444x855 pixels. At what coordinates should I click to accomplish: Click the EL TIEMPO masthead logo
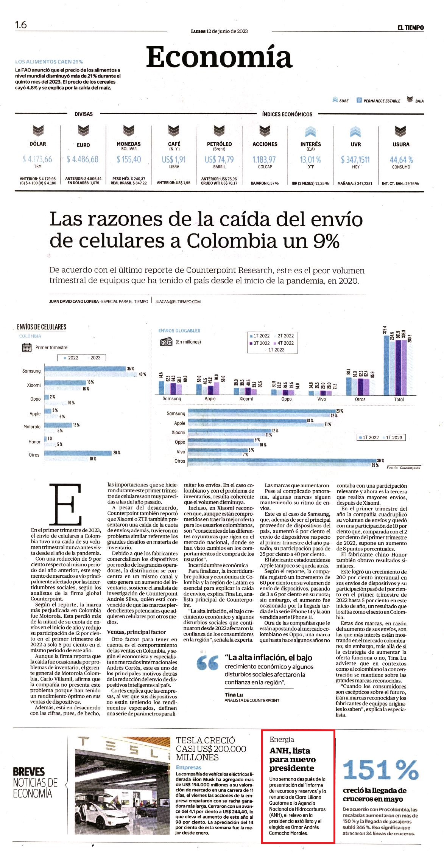410,28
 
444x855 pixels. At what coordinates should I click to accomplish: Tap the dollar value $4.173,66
37,159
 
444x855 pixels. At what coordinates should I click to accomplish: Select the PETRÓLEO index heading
219,144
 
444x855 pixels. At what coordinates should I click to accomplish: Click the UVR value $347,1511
355,160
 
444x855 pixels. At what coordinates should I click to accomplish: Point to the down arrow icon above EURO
83,131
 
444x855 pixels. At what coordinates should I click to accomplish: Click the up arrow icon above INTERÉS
310,131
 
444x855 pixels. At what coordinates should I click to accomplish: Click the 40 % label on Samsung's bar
142,374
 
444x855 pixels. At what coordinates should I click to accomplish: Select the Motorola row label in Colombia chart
32,427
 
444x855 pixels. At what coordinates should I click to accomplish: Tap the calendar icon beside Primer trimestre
27,348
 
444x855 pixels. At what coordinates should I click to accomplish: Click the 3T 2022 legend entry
259,343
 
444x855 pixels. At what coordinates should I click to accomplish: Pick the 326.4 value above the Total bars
385,330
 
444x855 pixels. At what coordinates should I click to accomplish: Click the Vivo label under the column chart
321,399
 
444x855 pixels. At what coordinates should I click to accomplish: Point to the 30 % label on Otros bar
380,461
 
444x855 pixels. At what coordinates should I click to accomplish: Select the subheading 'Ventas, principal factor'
137,632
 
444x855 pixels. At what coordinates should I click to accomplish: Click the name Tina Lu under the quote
234,695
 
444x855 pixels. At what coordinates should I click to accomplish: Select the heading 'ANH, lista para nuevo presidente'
292,759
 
